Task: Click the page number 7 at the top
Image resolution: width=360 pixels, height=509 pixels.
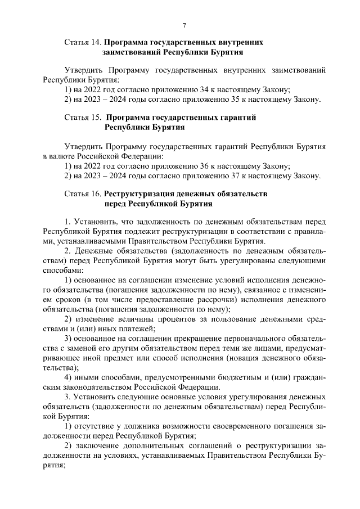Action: tap(184, 25)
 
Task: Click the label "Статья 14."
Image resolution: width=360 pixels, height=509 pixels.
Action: tap(83, 42)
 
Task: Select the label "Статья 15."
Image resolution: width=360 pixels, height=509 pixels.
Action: tap(83, 118)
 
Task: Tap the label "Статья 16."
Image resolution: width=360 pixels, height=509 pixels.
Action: tap(83, 193)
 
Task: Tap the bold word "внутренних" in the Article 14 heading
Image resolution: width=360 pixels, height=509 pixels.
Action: tap(239, 42)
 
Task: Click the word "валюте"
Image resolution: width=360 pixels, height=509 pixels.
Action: tap(65, 156)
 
